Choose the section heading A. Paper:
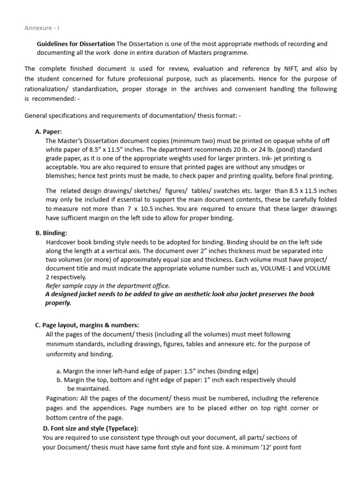tap(48, 132)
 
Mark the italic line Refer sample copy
tap(107, 285)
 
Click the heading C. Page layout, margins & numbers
tap(87, 325)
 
